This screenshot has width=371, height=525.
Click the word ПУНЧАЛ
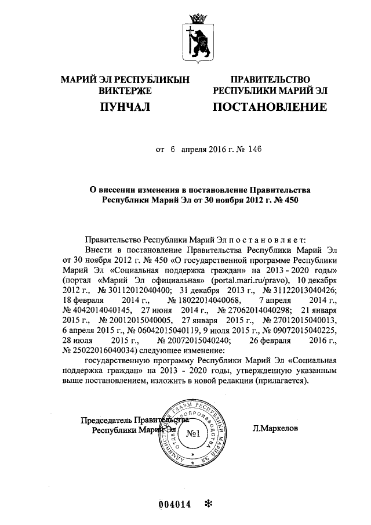(125, 107)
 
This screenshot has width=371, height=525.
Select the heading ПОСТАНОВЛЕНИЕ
(270, 107)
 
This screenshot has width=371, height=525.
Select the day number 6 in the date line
(172, 149)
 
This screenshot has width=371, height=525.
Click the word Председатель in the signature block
(106, 420)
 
